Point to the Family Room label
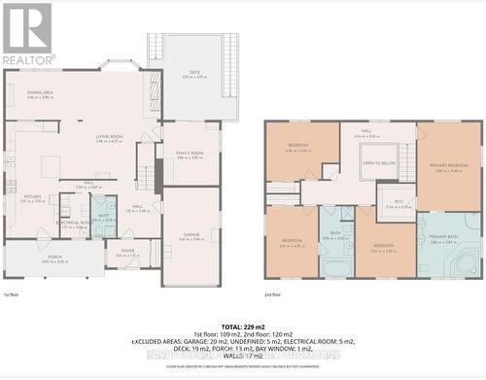pos(190,153)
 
